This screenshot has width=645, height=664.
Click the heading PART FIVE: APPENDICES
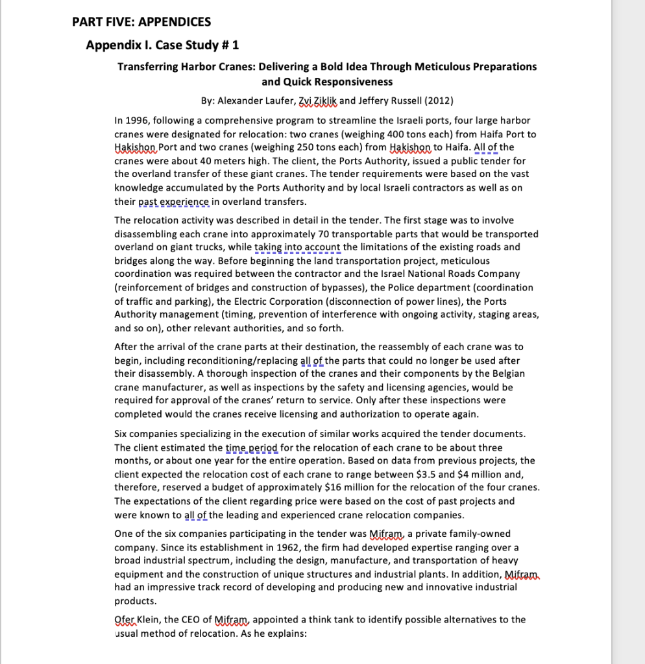pos(141,22)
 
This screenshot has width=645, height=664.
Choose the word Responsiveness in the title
pos(356,82)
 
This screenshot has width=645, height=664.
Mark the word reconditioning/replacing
pos(213,360)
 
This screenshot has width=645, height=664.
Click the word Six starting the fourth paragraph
pos(123,433)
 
